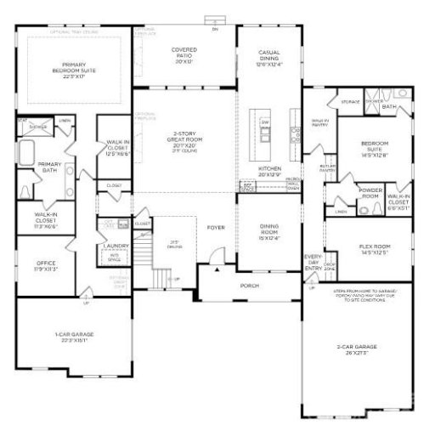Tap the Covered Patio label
[184, 55]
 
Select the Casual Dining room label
[269, 58]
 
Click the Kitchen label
[269, 170]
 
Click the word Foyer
[215, 228]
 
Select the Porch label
[249, 286]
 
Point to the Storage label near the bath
[350, 102]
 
